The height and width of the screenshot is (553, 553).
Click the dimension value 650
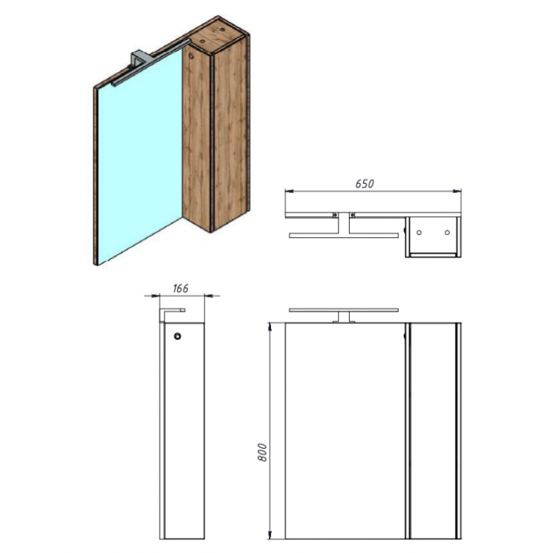[x=364, y=184]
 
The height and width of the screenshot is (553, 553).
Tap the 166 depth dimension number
[x=180, y=288]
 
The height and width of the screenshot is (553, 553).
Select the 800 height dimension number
[x=263, y=452]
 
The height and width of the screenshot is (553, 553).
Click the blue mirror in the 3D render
[x=139, y=155]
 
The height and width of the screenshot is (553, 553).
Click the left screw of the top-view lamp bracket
[x=335, y=215]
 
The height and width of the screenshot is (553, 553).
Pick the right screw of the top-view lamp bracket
[x=352, y=215]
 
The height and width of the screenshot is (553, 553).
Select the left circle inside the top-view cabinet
[x=419, y=232]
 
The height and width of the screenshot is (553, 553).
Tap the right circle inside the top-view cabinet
[x=447, y=232]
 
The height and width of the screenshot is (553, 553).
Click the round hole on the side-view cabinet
[x=178, y=336]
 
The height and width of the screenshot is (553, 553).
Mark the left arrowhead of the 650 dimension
[x=289, y=191]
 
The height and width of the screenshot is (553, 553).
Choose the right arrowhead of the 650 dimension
[x=457, y=191]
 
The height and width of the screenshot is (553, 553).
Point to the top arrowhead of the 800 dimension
[x=270, y=327]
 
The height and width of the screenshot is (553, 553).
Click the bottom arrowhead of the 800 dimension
[x=270, y=534]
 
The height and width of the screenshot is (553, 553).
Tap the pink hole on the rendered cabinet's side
[x=191, y=56]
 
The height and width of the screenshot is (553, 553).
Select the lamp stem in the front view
[x=344, y=317]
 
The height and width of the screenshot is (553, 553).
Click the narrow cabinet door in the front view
[x=433, y=431]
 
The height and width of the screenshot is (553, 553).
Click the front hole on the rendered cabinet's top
[x=203, y=41]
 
